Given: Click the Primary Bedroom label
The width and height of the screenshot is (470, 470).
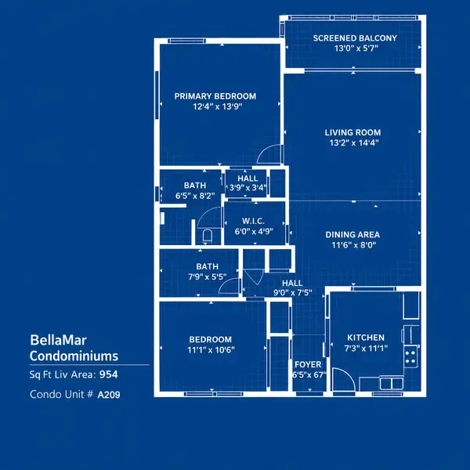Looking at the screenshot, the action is [x=215, y=96].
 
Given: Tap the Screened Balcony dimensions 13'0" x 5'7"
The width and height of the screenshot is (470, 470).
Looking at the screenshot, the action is [x=356, y=49].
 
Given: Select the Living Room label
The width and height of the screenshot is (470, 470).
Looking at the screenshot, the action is [x=352, y=132].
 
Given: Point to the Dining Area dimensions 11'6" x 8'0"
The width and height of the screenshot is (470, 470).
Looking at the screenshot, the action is [x=354, y=245].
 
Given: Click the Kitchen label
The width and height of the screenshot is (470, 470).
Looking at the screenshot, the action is [x=366, y=338].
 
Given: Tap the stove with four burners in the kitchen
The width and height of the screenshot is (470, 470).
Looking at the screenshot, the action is [x=410, y=356].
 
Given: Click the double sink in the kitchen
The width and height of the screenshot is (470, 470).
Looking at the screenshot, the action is [x=392, y=383].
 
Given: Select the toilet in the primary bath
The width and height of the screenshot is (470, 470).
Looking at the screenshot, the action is [x=208, y=236].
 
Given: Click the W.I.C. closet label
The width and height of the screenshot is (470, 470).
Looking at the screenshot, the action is [x=253, y=221].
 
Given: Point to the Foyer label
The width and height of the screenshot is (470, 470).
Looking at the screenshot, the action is [x=308, y=364].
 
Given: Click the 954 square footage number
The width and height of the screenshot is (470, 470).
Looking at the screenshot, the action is [x=109, y=374].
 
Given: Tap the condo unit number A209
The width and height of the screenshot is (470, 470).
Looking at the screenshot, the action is [x=109, y=395].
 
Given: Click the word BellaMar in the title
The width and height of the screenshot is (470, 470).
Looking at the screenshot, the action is [x=59, y=340].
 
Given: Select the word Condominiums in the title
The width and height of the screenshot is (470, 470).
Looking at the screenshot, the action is [x=74, y=356].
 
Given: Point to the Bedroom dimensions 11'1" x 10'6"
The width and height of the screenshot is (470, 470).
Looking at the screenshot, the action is [x=211, y=350].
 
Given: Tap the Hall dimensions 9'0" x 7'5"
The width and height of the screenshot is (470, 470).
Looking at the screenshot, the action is [x=292, y=292].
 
